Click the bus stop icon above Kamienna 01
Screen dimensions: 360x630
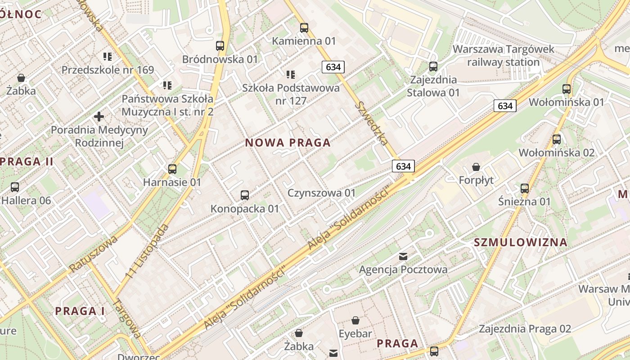tap(304, 28)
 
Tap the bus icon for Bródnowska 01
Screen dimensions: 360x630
tap(220, 46)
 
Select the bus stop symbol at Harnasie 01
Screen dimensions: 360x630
tap(172, 169)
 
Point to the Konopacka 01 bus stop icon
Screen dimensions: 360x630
tap(245, 195)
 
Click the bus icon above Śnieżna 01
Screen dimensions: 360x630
tap(525, 188)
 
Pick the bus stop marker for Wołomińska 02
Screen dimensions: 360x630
tap(557, 139)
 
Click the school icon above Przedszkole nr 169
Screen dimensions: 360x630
tap(108, 57)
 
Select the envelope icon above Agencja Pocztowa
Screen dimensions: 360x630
tap(403, 256)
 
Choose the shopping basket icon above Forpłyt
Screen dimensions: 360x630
tap(476, 167)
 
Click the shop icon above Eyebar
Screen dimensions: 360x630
tap(355, 320)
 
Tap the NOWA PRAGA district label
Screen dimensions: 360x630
tap(288, 143)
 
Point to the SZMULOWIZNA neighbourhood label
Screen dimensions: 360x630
tap(521, 243)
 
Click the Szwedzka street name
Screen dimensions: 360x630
tap(372, 123)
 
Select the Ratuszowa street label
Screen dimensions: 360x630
tap(93, 254)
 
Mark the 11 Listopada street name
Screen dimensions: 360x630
tap(148, 250)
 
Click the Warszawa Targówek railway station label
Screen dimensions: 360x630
tap(504, 55)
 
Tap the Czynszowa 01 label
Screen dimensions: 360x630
tap(322, 193)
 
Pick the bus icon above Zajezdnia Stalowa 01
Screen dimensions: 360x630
tap(433, 67)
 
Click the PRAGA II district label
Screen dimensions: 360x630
tap(27, 162)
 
